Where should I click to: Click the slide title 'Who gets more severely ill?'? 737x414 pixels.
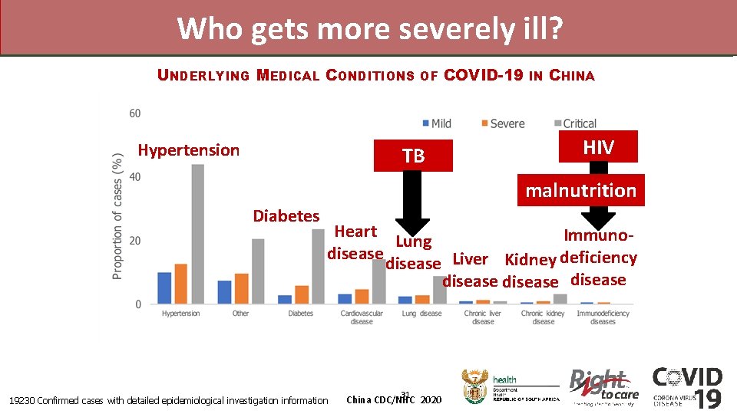coord(369,28)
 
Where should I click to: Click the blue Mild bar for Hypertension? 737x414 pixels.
coord(164,288)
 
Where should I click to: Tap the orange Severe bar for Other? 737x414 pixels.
coord(241,288)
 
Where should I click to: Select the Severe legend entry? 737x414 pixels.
coord(502,123)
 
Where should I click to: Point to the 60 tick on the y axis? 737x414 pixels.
coord(134,113)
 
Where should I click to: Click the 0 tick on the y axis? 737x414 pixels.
coord(137,304)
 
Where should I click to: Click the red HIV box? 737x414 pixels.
coord(598,147)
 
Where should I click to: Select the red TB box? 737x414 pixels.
coord(413,156)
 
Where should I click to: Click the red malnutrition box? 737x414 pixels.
coord(580,190)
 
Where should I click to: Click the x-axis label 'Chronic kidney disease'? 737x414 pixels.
coord(543,317)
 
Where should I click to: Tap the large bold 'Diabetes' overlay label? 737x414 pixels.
coord(286,216)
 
